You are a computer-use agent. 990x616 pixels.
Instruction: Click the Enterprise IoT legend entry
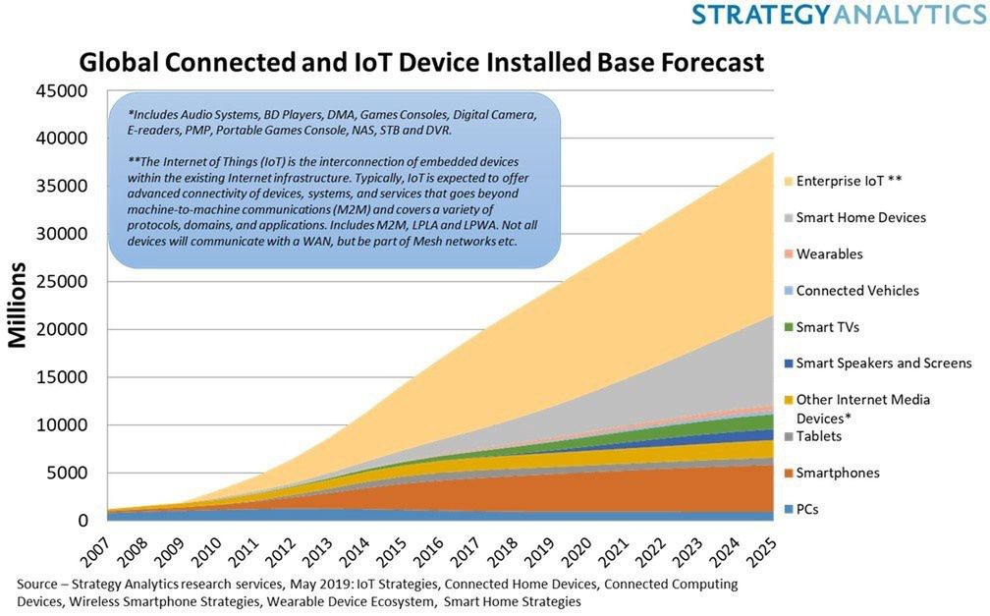click(843, 182)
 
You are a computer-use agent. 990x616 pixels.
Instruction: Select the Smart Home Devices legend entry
click(854, 218)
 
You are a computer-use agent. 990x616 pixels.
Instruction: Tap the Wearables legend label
click(829, 254)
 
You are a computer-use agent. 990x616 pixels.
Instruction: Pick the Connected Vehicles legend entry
click(852, 291)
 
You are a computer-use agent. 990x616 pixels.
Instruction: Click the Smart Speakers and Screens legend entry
click(878, 364)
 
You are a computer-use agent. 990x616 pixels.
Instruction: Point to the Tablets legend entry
click(812, 436)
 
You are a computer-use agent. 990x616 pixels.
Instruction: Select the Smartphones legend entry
click(832, 474)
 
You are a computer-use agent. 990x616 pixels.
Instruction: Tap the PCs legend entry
click(801, 509)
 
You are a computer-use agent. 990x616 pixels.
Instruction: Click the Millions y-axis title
click(18, 306)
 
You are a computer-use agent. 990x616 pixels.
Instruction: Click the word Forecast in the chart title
click(712, 63)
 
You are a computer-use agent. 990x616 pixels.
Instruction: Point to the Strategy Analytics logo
click(840, 14)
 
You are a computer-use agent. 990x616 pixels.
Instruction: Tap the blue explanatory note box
click(335, 180)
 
